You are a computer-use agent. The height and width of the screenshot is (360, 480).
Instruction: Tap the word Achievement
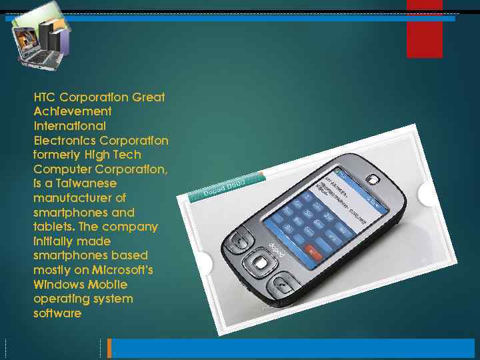73,111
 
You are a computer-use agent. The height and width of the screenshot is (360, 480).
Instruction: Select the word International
69,126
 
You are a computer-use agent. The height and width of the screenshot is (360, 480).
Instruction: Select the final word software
57,313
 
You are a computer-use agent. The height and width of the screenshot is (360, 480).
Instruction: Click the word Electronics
65,141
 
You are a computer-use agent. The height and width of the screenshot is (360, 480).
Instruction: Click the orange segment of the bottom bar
109,348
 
